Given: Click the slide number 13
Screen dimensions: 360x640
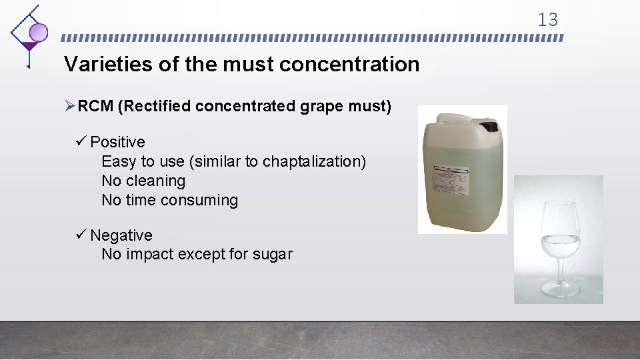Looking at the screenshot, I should coord(547,20).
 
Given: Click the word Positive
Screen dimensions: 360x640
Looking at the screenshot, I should coord(117,142).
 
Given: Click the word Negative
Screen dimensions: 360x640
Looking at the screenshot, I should coord(121,235).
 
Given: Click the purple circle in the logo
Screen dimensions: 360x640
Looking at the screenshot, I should coord(39,31).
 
